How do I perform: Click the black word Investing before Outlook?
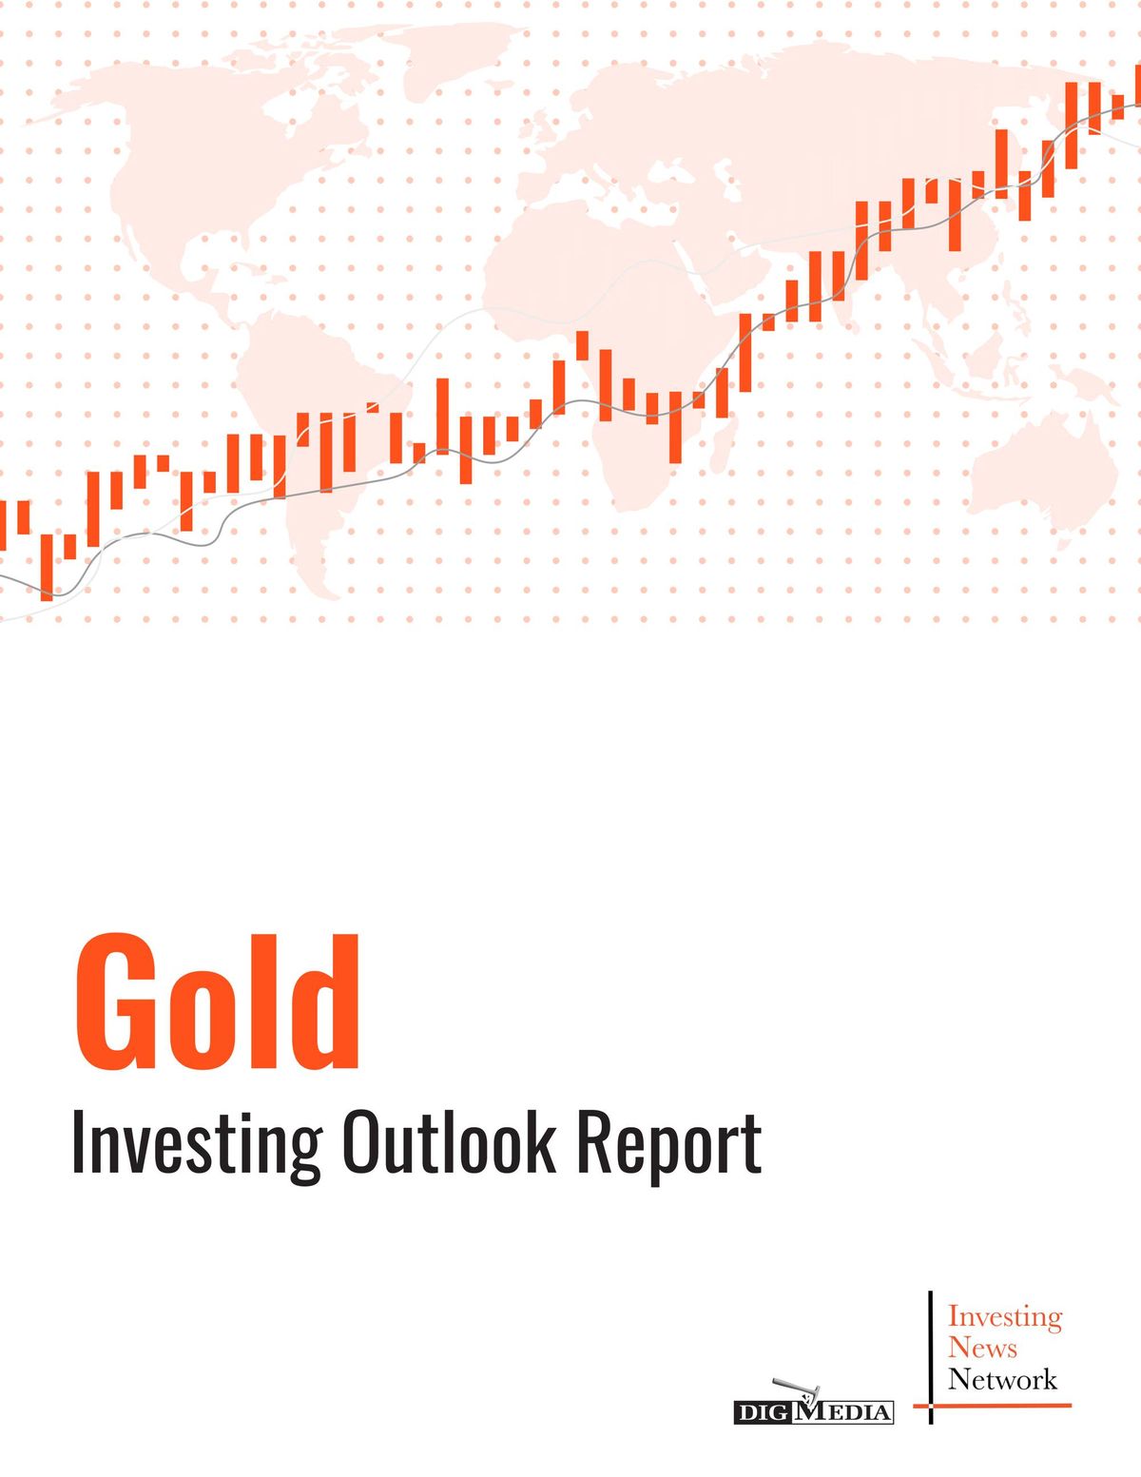(197, 1143)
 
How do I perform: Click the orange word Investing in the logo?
(1004, 1316)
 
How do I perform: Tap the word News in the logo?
(982, 1348)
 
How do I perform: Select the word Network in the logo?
(1002, 1379)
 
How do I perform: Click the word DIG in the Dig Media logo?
(763, 1412)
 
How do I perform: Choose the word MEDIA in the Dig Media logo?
(842, 1412)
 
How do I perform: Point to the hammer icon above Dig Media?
(796, 1389)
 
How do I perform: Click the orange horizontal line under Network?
(994, 1406)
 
